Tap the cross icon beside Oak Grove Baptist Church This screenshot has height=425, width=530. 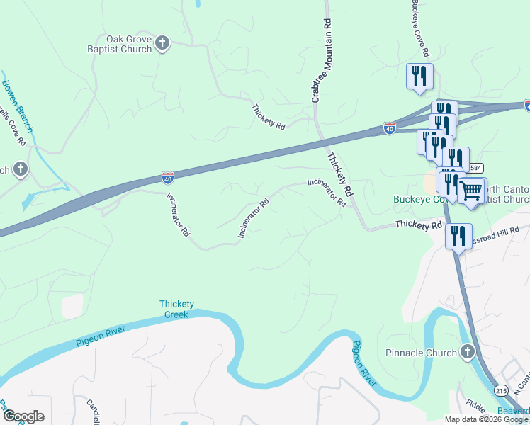click(x=162, y=44)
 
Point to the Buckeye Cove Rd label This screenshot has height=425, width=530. click(x=420, y=28)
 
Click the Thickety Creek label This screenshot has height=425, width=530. click(x=176, y=310)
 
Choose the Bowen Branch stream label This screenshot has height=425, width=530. click(x=17, y=106)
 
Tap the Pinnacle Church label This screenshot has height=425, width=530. click(x=422, y=353)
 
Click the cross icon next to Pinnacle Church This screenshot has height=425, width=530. click(x=467, y=352)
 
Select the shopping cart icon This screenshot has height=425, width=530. click(x=471, y=191)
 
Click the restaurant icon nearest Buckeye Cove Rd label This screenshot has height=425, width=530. click(x=419, y=76)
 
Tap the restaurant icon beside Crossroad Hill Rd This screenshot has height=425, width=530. click(x=458, y=235)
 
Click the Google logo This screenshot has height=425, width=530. click(x=23, y=416)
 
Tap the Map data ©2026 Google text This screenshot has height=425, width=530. click(x=485, y=419)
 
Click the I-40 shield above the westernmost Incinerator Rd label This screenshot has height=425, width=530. click(x=168, y=176)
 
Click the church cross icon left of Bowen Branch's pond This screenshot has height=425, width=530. click(x=21, y=169)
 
